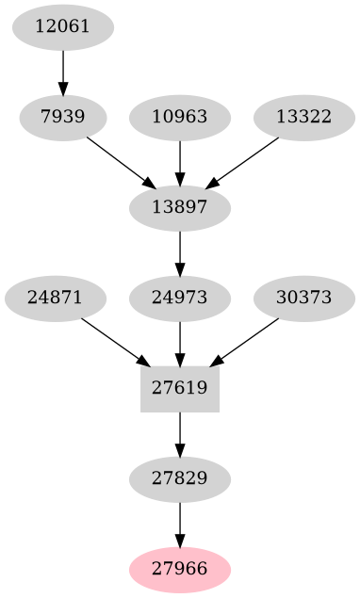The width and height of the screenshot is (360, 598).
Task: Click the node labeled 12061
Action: point(63,26)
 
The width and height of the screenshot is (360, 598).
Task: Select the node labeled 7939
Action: point(63,118)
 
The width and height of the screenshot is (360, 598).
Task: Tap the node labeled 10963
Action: point(180,118)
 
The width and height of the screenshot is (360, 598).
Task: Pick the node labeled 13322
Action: point(303,118)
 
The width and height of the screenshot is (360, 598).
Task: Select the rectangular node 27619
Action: point(180,387)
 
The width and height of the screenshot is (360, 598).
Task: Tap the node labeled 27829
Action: point(180,478)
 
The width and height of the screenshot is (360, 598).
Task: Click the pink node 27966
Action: point(180,569)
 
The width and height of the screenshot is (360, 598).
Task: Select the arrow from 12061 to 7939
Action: point(63,72)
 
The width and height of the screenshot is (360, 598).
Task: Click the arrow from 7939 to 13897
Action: point(121,162)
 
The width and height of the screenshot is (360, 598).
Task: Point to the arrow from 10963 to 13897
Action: point(180,162)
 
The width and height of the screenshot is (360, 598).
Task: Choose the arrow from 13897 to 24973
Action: point(180,252)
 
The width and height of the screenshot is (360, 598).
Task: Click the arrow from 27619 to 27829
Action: point(180,433)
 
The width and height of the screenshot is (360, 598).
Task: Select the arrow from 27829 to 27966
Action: point(180,524)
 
